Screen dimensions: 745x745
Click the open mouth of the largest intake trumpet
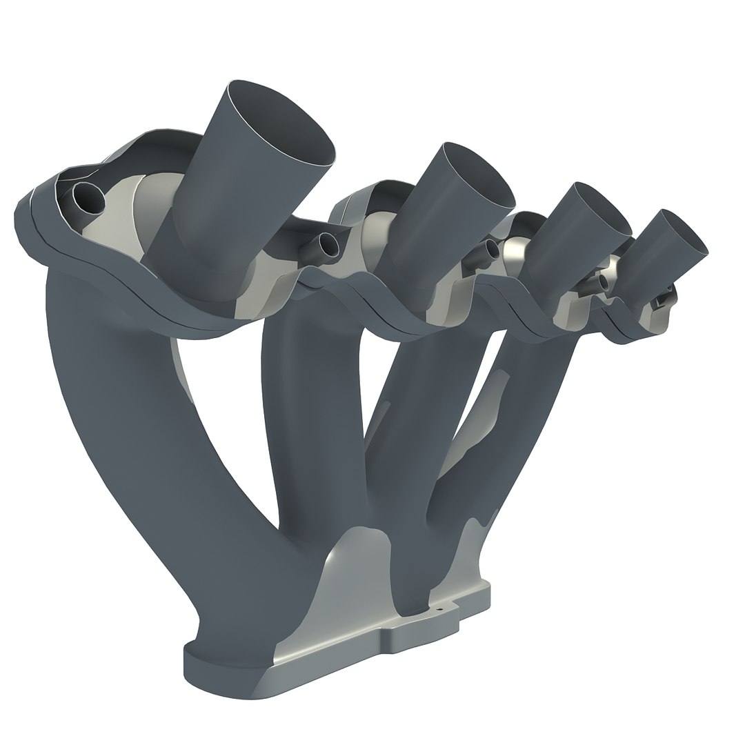click(x=283, y=124)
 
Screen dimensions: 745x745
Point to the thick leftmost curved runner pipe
click(x=117, y=428)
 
